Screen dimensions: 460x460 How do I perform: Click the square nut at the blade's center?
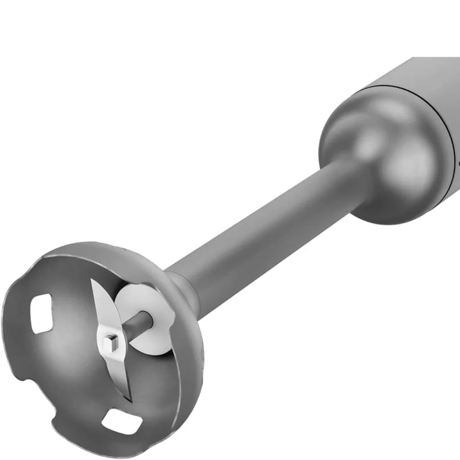tap(109, 344)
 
